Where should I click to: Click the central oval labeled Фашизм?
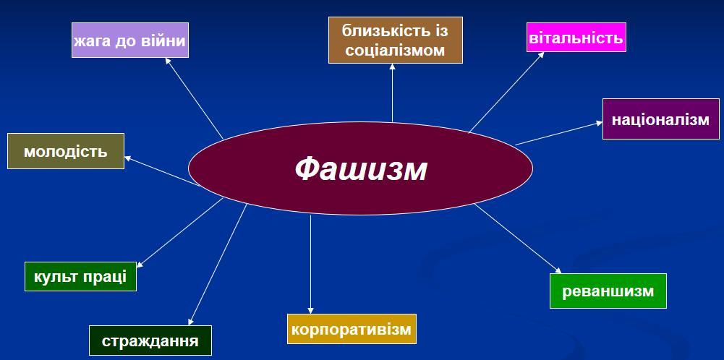point(360,168)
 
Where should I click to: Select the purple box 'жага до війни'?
point(129,40)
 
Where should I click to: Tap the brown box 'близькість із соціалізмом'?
point(395,40)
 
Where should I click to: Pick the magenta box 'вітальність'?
point(576,38)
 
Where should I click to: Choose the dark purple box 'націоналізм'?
point(660,119)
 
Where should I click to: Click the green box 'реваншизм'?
point(608,291)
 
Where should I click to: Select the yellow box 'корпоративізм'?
point(352,329)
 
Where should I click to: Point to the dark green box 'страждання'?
point(150,340)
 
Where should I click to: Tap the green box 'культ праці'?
point(80,275)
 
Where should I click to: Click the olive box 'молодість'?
point(65,151)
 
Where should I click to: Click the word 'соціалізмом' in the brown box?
point(395,51)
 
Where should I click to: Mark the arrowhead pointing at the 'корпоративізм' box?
point(311,310)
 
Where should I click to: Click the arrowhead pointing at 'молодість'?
point(128,158)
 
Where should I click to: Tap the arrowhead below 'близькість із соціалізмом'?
point(393,67)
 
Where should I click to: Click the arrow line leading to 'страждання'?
point(217,265)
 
